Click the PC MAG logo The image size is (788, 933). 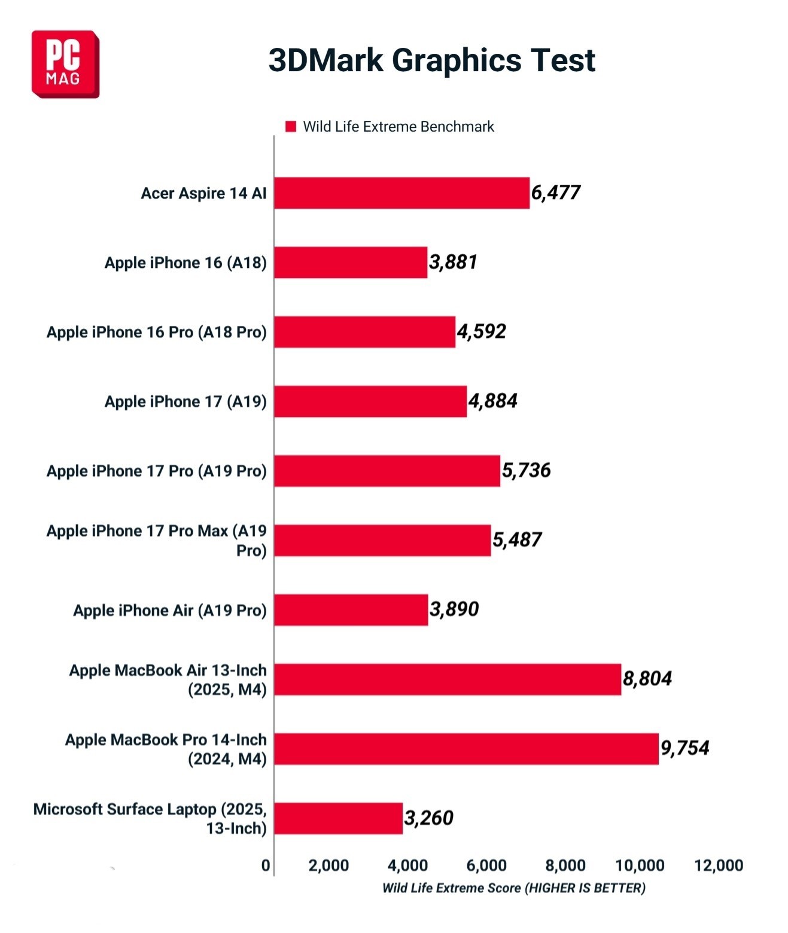(x=65, y=64)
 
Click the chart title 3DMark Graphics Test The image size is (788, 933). (x=431, y=60)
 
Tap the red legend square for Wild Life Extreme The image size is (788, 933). (x=291, y=126)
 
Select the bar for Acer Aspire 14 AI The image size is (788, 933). (x=401, y=193)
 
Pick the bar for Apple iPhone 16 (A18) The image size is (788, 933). (x=351, y=262)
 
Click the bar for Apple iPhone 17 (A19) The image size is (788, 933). (x=370, y=401)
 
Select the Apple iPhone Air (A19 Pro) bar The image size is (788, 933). (x=351, y=609)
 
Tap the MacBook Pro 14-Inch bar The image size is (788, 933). (x=466, y=748)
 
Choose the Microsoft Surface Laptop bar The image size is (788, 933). (x=338, y=818)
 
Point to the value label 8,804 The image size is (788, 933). (x=647, y=678)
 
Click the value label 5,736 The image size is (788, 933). (x=526, y=470)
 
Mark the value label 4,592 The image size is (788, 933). (x=482, y=331)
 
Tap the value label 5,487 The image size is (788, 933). (x=517, y=539)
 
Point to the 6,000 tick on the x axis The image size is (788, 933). (x=486, y=865)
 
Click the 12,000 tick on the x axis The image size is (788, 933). (x=719, y=865)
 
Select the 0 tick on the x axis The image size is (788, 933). (x=266, y=865)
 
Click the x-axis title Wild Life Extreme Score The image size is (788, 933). (x=513, y=888)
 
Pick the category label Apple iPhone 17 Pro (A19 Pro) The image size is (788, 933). (x=157, y=471)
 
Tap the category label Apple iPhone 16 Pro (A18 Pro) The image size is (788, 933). (x=157, y=332)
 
